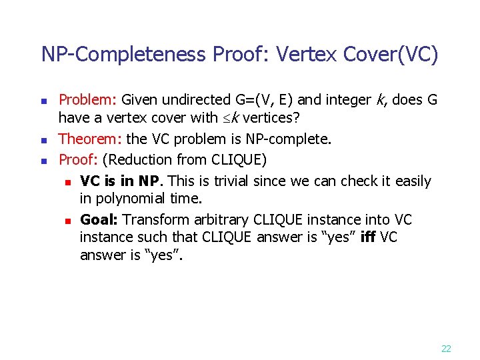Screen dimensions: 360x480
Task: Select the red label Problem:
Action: pyautogui.click(x=88, y=100)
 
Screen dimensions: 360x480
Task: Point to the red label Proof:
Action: pyautogui.click(x=79, y=159)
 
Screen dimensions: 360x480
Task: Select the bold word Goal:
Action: pyautogui.click(x=99, y=220)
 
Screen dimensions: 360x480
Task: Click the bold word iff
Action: pyautogui.click(x=367, y=238)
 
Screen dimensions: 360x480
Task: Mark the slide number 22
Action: pyautogui.click(x=446, y=348)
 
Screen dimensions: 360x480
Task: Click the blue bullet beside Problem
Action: pyautogui.click(x=44, y=101)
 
